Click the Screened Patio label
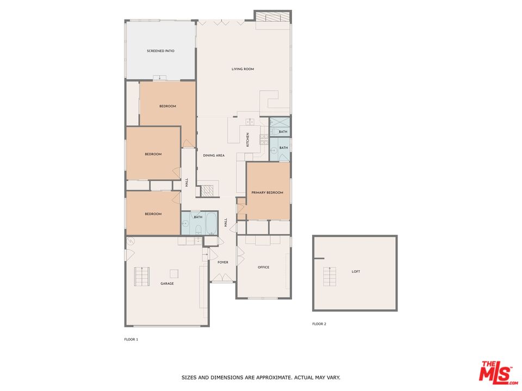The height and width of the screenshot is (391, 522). pos(160,51)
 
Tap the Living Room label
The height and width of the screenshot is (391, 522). pos(243,69)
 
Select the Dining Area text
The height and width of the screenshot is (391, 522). pos(214,155)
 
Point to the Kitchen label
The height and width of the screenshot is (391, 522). pos(247,140)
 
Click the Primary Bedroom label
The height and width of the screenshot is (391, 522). pos(268,192)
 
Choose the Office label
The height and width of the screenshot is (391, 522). pos(263,267)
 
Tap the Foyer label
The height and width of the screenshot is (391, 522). pos(223,262)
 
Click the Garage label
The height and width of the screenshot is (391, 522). pos(167,283)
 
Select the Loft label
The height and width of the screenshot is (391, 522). pos(356,272)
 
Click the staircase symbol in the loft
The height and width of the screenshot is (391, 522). pos(330,276)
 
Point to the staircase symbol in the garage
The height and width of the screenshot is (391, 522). pos(142,276)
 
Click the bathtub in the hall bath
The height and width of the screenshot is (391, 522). pos(211,223)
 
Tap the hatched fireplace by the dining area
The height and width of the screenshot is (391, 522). pos(207,191)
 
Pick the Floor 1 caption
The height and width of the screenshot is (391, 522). pos(131,339)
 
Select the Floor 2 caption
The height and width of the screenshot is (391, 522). pos(319,324)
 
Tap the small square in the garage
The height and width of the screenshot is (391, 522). pos(174,274)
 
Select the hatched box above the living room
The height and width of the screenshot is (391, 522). pos(273,17)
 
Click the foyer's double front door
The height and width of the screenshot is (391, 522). pos(223,278)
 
